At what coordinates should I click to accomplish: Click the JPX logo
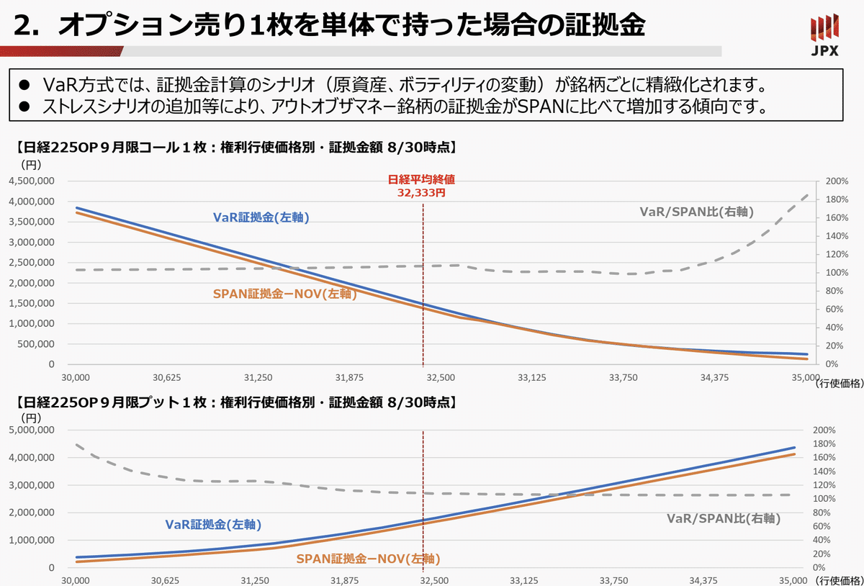[x=824, y=36]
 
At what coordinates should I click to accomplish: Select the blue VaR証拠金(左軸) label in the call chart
[x=261, y=217]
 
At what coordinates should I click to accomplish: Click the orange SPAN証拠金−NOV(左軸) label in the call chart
[x=284, y=294]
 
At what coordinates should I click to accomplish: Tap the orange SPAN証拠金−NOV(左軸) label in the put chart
[x=368, y=558]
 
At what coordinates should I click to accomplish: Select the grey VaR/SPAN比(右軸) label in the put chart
[x=724, y=518]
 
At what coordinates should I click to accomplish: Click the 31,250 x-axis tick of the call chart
[x=258, y=377]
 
